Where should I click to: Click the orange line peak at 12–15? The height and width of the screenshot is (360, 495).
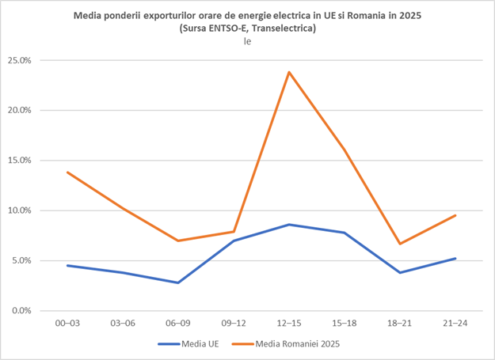tap(289, 72)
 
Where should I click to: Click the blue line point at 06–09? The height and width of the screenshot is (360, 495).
tap(178, 282)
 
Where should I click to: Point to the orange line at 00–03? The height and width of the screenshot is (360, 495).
tap(67, 172)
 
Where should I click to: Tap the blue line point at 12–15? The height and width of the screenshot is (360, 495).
tap(289, 225)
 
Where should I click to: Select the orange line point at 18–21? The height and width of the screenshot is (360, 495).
tap(400, 244)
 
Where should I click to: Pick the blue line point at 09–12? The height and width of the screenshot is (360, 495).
tap(234, 241)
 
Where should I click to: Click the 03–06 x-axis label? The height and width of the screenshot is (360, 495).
tap(123, 323)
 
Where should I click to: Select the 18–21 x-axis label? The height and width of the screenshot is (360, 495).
tap(400, 323)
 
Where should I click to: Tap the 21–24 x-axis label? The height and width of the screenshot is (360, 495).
tap(455, 323)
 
